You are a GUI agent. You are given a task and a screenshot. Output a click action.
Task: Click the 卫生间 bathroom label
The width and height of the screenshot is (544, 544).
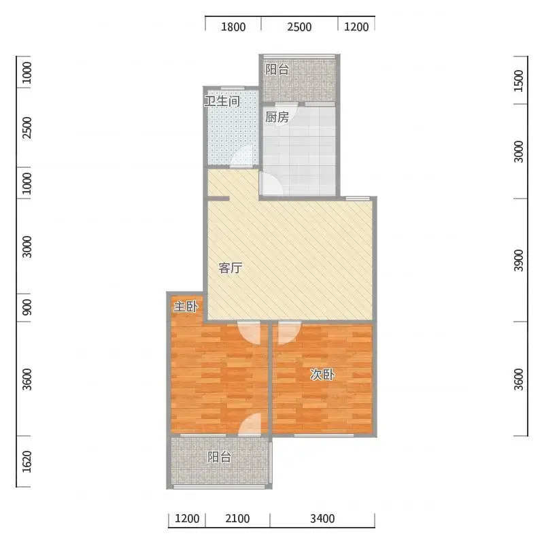(x=222, y=101)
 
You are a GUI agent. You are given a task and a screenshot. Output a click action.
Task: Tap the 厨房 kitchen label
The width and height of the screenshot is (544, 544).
(x=277, y=117)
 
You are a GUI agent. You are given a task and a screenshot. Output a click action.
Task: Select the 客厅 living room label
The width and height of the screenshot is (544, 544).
(x=231, y=268)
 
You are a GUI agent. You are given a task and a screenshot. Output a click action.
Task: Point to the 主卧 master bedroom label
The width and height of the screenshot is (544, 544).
(x=186, y=307)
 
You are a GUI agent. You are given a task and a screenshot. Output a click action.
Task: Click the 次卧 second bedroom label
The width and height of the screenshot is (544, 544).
(x=322, y=375)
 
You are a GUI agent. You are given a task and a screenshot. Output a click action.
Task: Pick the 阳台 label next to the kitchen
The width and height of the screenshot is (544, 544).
(x=277, y=69)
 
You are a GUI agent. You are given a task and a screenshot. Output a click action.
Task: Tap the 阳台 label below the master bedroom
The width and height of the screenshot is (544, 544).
(x=219, y=457)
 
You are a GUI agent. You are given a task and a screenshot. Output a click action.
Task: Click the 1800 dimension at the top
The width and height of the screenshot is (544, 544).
(x=233, y=27)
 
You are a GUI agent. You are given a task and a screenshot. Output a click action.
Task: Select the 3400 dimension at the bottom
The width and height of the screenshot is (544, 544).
(x=322, y=518)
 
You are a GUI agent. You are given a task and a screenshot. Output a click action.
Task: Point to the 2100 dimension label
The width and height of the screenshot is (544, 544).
(x=237, y=518)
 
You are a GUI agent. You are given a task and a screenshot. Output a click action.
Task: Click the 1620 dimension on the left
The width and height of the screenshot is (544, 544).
(x=27, y=462)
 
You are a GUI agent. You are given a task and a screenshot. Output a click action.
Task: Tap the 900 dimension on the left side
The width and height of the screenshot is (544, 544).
(x=27, y=307)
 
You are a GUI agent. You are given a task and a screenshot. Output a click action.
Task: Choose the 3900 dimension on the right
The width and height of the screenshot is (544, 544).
(x=518, y=260)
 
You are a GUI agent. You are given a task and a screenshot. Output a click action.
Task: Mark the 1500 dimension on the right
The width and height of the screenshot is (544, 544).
(x=518, y=80)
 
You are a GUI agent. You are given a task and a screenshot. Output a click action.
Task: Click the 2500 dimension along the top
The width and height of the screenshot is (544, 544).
(x=299, y=27)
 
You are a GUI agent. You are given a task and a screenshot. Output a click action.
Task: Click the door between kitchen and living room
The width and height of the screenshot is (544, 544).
(x=271, y=184)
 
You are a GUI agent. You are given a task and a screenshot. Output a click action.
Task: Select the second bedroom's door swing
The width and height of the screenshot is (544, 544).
(x=290, y=333)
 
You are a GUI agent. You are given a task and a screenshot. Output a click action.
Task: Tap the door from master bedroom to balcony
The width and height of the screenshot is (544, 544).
(x=250, y=424)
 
